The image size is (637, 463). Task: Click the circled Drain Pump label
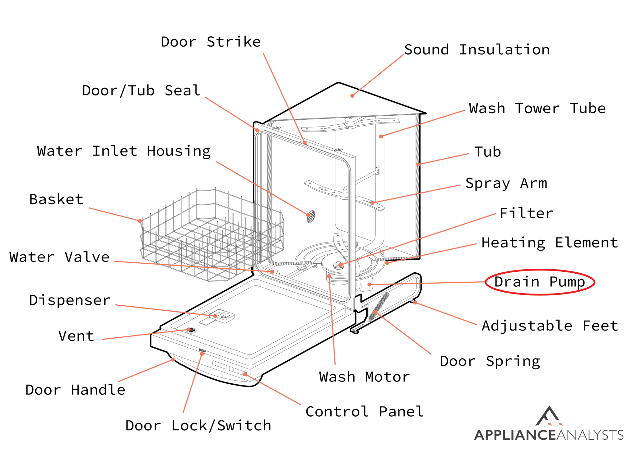(x=539, y=282)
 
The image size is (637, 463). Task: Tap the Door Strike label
(x=211, y=42)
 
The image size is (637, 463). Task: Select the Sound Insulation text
(x=477, y=50)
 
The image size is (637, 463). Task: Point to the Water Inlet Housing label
(x=124, y=151)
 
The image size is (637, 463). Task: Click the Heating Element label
(x=549, y=243)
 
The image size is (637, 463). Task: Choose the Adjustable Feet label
(x=550, y=326)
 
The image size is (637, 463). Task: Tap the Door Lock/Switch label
(x=198, y=425)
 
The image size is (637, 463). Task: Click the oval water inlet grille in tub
(x=311, y=216)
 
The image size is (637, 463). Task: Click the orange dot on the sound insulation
(x=352, y=96)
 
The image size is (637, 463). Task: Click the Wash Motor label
(x=364, y=377)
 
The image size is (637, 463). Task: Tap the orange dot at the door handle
(x=173, y=360)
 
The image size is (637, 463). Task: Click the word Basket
(x=56, y=199)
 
